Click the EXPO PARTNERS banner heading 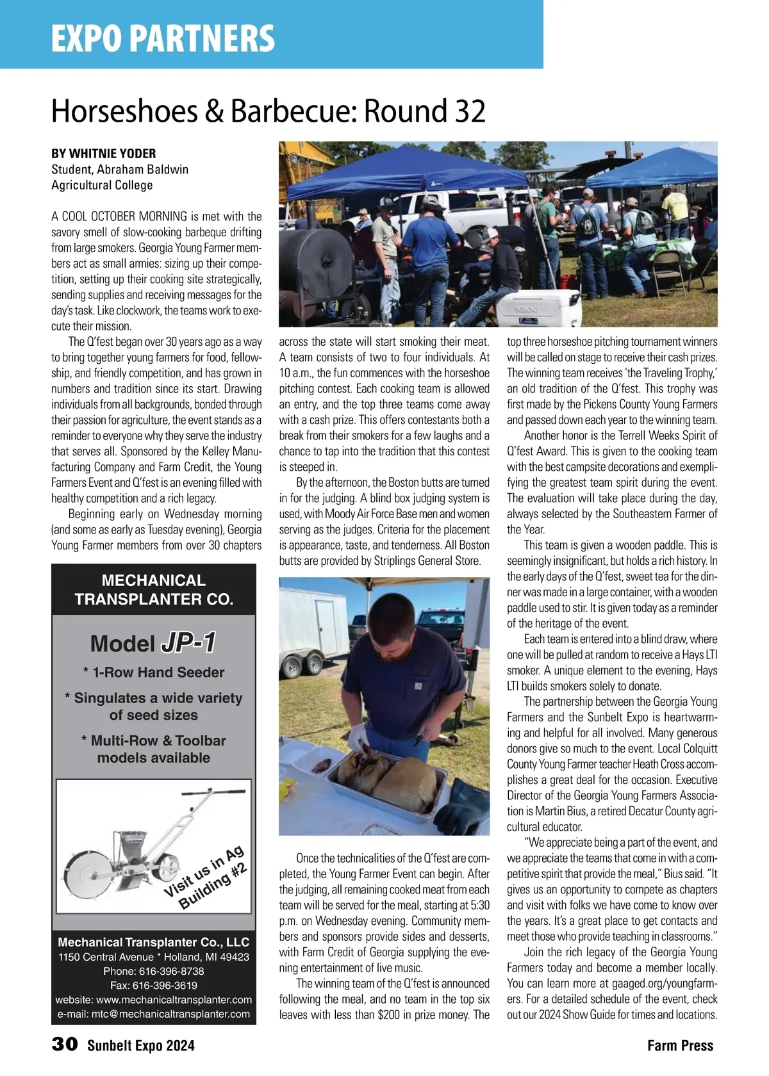(x=163, y=38)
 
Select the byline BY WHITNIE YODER (x=104, y=154)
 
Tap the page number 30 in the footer (x=64, y=1045)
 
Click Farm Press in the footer (x=680, y=1045)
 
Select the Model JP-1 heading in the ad (x=153, y=643)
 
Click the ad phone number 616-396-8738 (x=154, y=971)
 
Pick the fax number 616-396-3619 (x=154, y=985)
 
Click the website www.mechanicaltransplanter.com (x=154, y=1000)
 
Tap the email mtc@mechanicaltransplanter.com (x=154, y=1014)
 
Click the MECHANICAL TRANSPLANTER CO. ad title (x=154, y=590)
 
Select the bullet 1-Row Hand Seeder (x=154, y=672)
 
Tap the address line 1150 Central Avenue (x=154, y=957)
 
